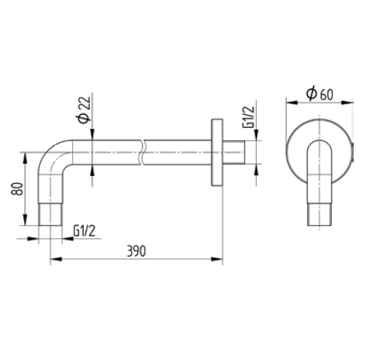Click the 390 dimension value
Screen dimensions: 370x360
tap(137, 251)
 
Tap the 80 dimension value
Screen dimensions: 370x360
tap(17, 189)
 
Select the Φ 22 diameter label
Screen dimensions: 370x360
tap(84, 110)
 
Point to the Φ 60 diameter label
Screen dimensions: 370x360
tap(320, 94)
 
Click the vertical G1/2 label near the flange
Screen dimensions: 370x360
tap(248, 117)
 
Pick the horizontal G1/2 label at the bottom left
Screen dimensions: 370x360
tap(85, 230)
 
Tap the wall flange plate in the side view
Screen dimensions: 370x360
tap(217, 152)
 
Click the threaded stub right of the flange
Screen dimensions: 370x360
tap(233, 152)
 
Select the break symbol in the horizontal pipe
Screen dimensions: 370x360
tap(142, 152)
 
